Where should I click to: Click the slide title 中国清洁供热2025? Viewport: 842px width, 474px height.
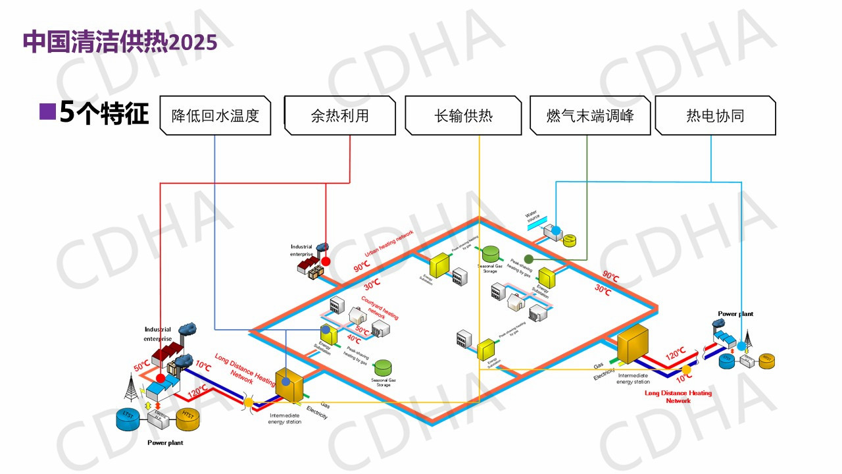pyautogui.click(x=120, y=42)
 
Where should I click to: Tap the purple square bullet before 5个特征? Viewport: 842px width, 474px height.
pyautogui.click(x=47, y=111)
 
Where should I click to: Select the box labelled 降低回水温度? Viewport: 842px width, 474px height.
pyautogui.click(x=215, y=116)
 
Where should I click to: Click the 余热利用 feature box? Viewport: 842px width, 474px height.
pyautogui.click(x=339, y=116)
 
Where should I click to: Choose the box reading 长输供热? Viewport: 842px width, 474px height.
pyautogui.click(x=463, y=116)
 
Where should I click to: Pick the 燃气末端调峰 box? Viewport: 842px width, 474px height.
pyautogui.click(x=590, y=116)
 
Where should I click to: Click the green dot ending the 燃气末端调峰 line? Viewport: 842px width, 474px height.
pyautogui.click(x=528, y=259)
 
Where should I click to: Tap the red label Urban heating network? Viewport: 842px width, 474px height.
pyautogui.click(x=389, y=244)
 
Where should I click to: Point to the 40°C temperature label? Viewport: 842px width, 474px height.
pyautogui.click(x=353, y=340)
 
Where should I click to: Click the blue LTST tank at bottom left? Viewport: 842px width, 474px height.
pyautogui.click(x=128, y=419)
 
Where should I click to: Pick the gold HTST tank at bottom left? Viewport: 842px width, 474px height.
pyautogui.click(x=189, y=419)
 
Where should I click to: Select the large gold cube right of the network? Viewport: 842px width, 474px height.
pyautogui.click(x=634, y=344)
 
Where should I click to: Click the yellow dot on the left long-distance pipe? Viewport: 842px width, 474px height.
pyautogui.click(x=249, y=402)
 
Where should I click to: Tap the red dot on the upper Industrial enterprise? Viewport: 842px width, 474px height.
pyautogui.click(x=326, y=261)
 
